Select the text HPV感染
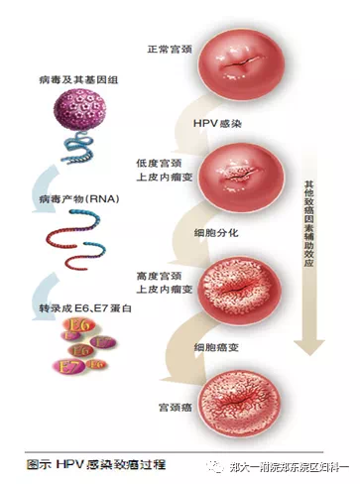[208, 123]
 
